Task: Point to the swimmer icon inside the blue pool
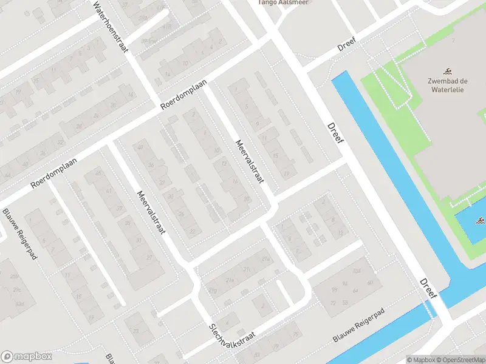point(480,220)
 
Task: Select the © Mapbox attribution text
point(420,360)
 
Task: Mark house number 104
point(357,270)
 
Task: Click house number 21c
point(245,269)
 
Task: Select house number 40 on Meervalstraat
point(140,147)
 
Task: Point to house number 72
point(334,302)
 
